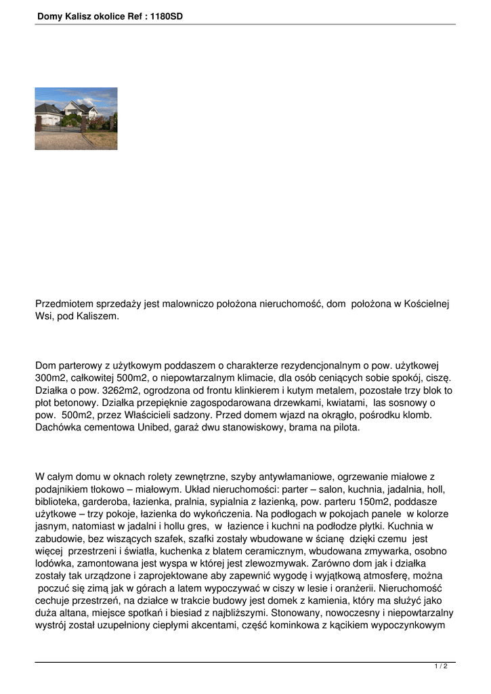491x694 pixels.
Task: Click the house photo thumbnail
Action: (76, 119)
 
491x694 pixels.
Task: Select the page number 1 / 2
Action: (441, 667)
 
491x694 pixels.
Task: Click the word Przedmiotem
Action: (66, 304)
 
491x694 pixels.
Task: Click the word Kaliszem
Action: (97, 317)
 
